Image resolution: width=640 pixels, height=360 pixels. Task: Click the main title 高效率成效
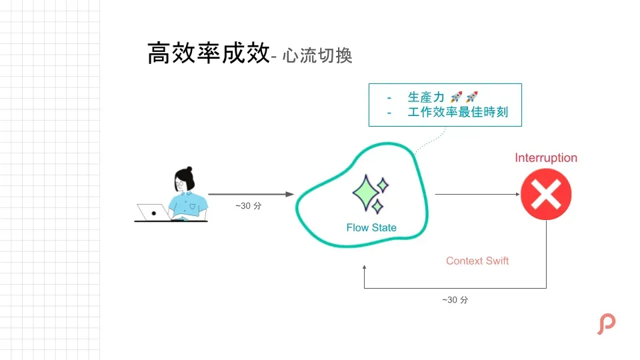207,53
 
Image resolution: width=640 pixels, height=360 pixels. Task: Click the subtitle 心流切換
317,56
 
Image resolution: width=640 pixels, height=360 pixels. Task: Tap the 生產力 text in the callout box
426,97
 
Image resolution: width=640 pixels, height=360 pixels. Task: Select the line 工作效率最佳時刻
457,112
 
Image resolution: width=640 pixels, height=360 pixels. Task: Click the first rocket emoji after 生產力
456,97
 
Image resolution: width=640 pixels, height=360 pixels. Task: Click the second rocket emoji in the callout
471,97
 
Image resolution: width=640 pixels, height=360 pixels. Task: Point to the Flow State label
371,227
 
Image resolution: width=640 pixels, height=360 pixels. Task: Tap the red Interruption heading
546,158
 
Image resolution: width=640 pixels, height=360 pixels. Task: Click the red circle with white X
546,194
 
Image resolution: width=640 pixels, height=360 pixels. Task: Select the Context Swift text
477,261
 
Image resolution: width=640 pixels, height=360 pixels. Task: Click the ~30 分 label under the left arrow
249,206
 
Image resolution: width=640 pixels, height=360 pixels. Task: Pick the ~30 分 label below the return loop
455,300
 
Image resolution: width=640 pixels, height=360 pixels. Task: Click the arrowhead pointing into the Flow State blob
291,194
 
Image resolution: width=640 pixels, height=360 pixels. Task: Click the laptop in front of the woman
153,213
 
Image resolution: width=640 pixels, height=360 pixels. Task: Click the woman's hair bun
189,170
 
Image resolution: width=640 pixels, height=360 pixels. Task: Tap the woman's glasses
181,182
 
